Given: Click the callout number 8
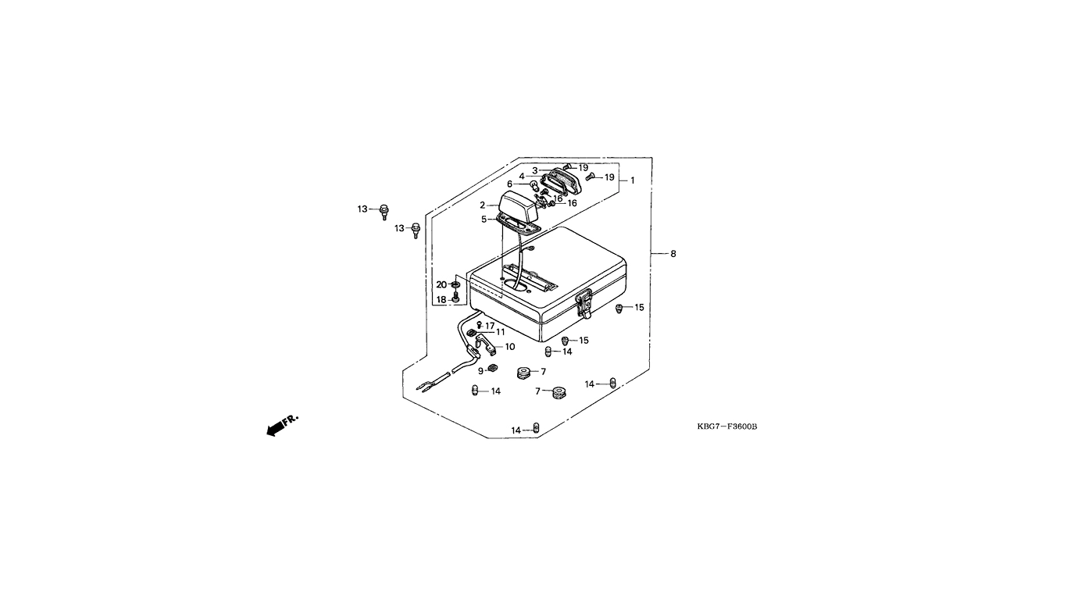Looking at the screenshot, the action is (x=673, y=254).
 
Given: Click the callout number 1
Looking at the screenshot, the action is (x=633, y=180).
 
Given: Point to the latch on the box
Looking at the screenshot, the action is (x=584, y=304).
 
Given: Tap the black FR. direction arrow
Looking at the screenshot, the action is (x=275, y=430).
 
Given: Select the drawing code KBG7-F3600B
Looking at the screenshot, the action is (x=727, y=427).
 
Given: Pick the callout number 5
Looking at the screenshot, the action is (x=484, y=220).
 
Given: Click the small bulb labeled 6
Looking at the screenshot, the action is (x=522, y=185).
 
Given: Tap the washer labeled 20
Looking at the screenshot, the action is (x=455, y=284).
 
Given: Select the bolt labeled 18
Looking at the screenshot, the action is (x=455, y=298).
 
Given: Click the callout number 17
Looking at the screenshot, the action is (x=490, y=326).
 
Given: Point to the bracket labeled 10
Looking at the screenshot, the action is (x=485, y=345).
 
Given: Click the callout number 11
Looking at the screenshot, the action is (x=500, y=332).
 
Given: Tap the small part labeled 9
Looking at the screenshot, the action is (x=493, y=367).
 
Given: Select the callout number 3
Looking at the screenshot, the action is (x=535, y=170).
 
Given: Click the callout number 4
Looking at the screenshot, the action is (x=522, y=176).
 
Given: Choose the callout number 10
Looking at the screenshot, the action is (x=510, y=346).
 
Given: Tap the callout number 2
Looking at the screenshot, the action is (x=482, y=205).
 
